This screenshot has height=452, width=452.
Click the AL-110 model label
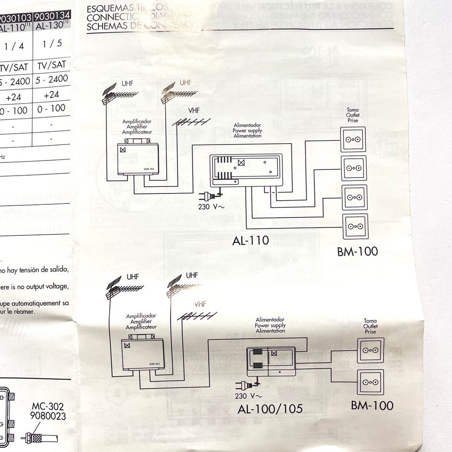[250, 241]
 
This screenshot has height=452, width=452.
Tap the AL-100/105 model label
[270, 409]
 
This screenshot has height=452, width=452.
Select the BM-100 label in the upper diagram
[357, 251]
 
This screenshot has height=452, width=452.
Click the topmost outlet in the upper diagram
[353, 140]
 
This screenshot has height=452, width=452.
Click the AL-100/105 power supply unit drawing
[271, 361]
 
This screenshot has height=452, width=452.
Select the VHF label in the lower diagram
[200, 304]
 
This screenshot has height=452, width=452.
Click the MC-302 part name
[48, 406]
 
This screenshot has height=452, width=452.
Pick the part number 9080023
[48, 416]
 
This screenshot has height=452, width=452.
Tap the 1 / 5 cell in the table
[52, 45]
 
